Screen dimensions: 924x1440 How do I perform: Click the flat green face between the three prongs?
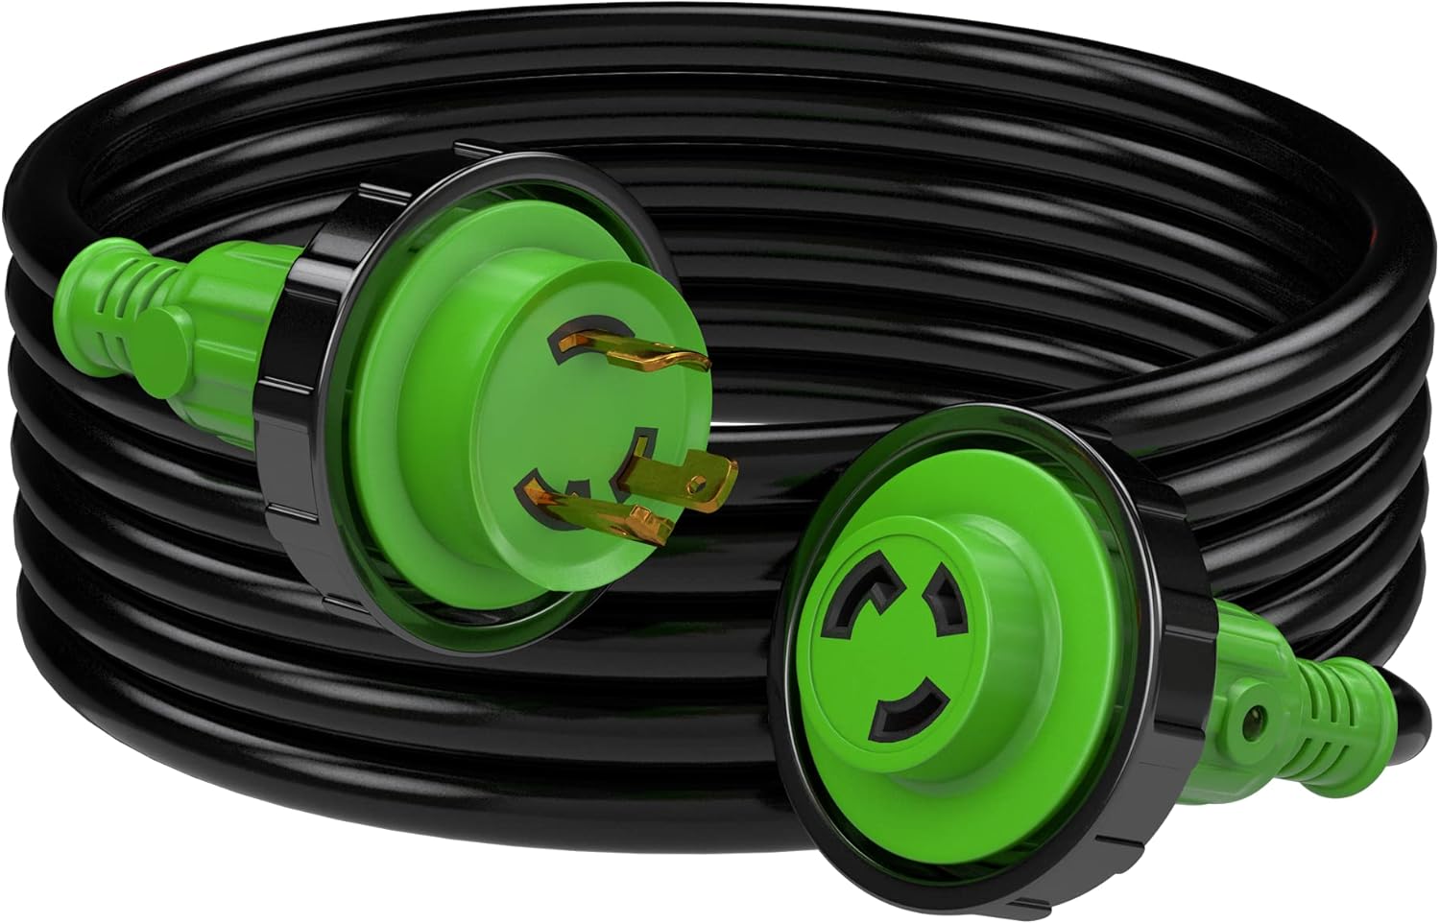[595, 432]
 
